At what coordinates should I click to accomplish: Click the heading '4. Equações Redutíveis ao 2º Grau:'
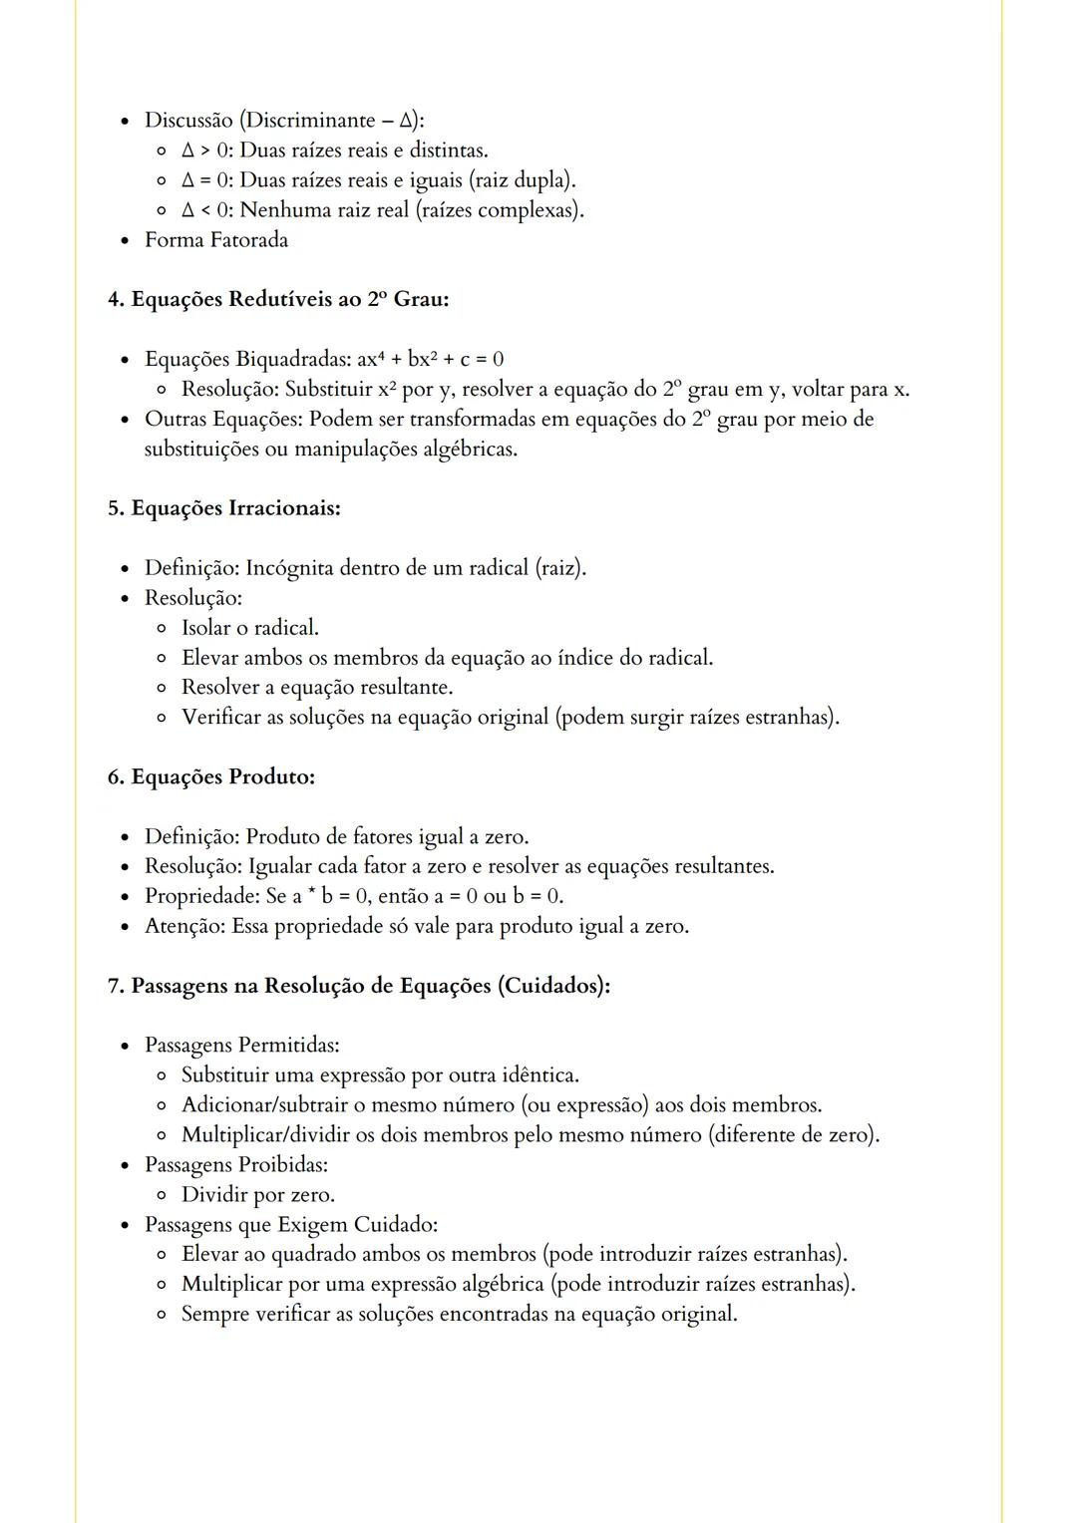pos(278,299)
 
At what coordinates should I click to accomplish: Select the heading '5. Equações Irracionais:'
pos(224,508)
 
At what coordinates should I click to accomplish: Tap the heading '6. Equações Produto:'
pos(211,776)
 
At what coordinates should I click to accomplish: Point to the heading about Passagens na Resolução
pos(359,986)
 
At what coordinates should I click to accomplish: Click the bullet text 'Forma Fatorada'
pos(216,240)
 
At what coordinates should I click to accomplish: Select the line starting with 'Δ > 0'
pos(335,151)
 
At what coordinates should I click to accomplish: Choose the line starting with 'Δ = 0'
pos(379,180)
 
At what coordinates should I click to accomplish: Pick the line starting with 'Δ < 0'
pos(383,210)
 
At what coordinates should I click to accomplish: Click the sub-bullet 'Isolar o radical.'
pos(250,628)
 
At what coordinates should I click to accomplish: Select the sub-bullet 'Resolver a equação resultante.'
pos(317,688)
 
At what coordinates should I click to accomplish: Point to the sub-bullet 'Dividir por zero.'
pos(258,1195)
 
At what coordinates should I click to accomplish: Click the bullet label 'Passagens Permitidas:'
pos(242,1046)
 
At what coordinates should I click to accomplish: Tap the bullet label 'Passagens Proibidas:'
pos(236,1165)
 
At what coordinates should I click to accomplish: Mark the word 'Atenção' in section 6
pos(184,926)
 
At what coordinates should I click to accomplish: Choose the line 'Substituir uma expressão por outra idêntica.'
pos(380,1075)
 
